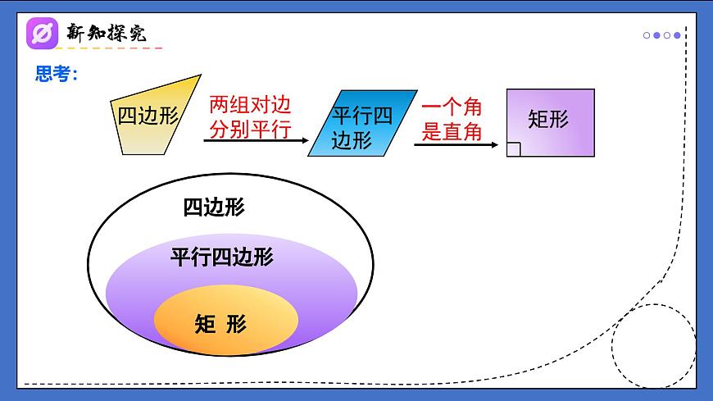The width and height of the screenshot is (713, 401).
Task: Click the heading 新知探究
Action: tap(107, 33)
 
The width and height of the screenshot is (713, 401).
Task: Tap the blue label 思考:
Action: tap(57, 74)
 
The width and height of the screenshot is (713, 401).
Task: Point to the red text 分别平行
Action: tap(250, 130)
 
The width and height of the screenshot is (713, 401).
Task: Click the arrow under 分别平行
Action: tap(254, 143)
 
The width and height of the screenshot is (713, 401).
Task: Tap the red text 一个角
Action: tap(452, 107)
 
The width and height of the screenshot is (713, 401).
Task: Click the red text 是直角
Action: tap(452, 131)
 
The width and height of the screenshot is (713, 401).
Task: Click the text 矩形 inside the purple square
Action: tap(548, 119)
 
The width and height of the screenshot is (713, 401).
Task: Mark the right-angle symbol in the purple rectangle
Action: tap(513, 149)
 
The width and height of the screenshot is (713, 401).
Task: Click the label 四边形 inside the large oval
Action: tap(214, 207)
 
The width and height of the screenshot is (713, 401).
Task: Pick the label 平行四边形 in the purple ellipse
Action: tap(222, 257)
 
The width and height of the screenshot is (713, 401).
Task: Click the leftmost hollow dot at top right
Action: tap(647, 35)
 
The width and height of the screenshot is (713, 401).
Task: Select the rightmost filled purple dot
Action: tap(677, 35)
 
